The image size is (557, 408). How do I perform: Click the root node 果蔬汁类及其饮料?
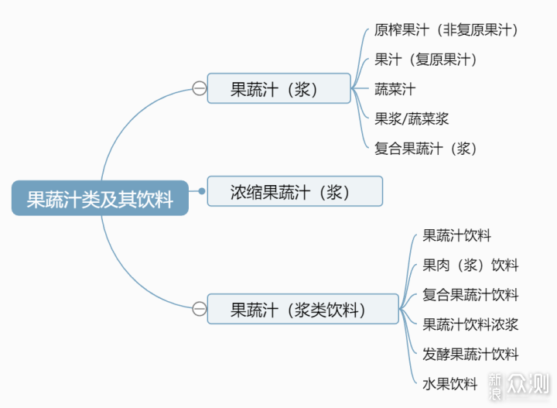(100, 198)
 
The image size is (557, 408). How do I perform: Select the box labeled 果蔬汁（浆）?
(278, 89)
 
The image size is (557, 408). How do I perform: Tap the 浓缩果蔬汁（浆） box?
(295, 191)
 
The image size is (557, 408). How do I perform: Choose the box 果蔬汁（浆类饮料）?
(302, 309)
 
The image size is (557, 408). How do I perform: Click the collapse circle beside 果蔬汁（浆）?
(199, 89)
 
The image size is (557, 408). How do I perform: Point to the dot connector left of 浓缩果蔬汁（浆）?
(201, 191)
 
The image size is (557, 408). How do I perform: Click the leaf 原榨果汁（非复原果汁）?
(446, 30)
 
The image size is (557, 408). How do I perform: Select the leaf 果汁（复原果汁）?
(425, 60)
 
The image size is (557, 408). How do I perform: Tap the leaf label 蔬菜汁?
(395, 89)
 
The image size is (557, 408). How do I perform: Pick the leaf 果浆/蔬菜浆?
(412, 118)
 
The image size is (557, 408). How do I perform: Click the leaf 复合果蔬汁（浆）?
(425, 148)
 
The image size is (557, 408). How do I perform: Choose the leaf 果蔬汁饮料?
(456, 235)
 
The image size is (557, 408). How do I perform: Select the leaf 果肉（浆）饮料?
(470, 265)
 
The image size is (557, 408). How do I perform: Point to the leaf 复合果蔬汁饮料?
(470, 294)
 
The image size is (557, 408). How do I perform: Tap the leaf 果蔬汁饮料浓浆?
(470, 324)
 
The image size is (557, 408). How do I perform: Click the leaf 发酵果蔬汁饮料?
(470, 354)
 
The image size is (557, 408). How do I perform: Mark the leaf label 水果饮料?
(450, 383)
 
